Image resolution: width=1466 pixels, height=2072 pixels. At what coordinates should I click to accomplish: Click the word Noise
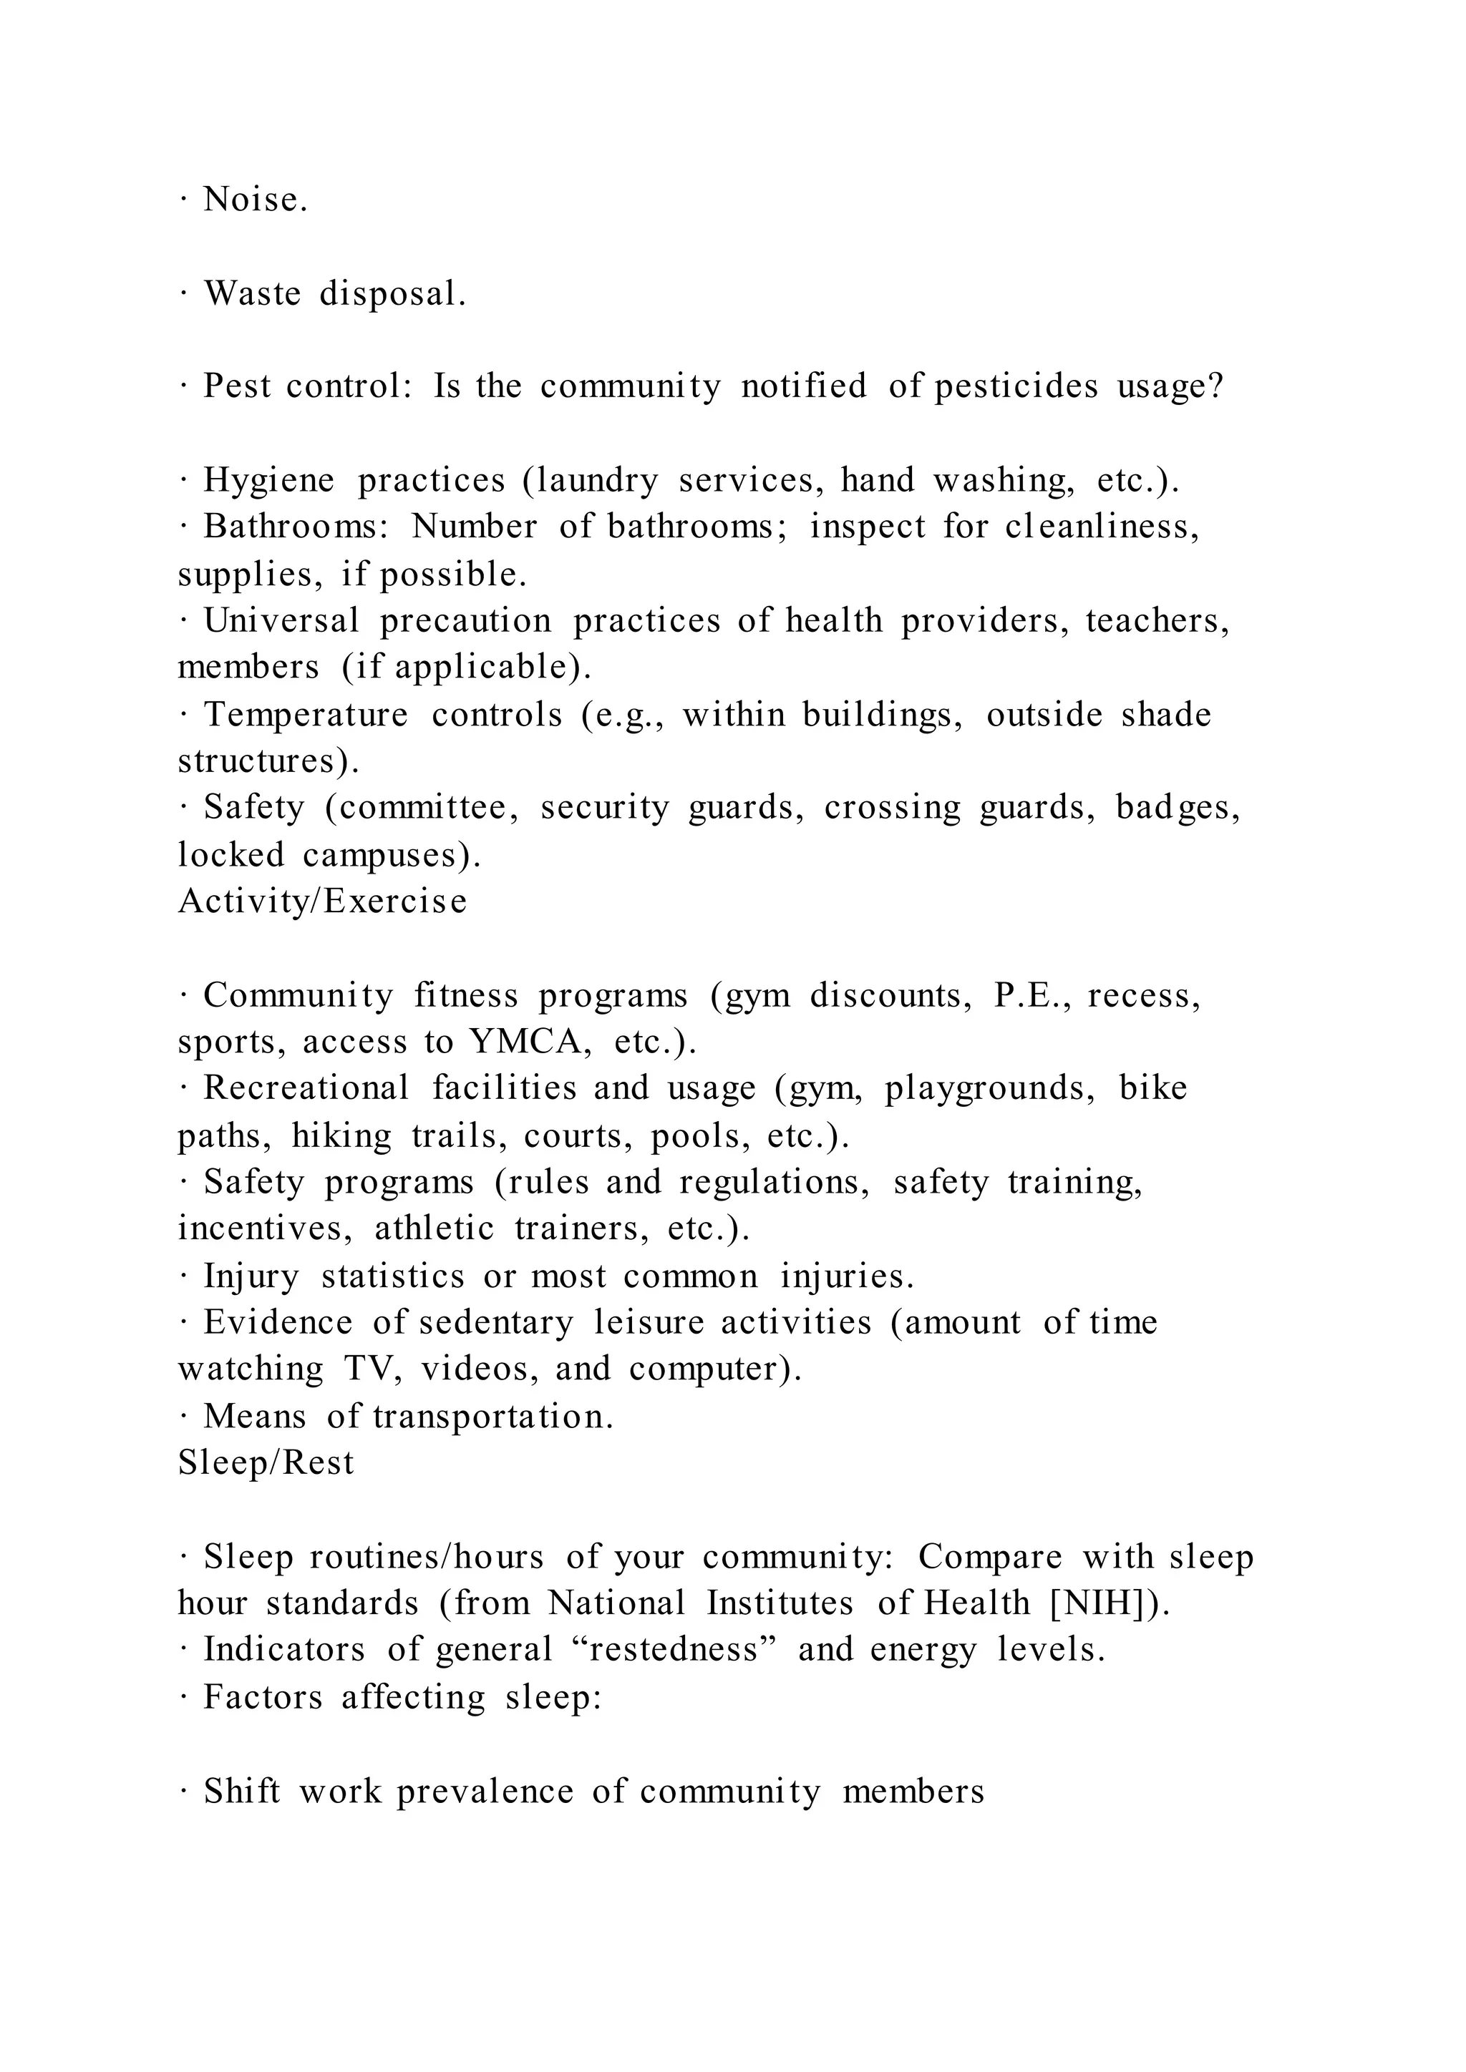[256, 200]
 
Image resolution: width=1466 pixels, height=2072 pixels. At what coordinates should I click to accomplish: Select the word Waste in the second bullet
[252, 294]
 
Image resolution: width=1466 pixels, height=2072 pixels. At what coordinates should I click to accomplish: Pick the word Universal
[281, 621]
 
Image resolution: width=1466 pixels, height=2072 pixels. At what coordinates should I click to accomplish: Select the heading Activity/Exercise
[322, 901]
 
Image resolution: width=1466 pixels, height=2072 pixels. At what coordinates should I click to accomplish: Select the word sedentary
[495, 1323]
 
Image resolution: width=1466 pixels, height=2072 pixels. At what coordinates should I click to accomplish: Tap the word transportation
[492, 1417]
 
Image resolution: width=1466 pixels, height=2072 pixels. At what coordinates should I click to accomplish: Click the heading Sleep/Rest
[266, 1463]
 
